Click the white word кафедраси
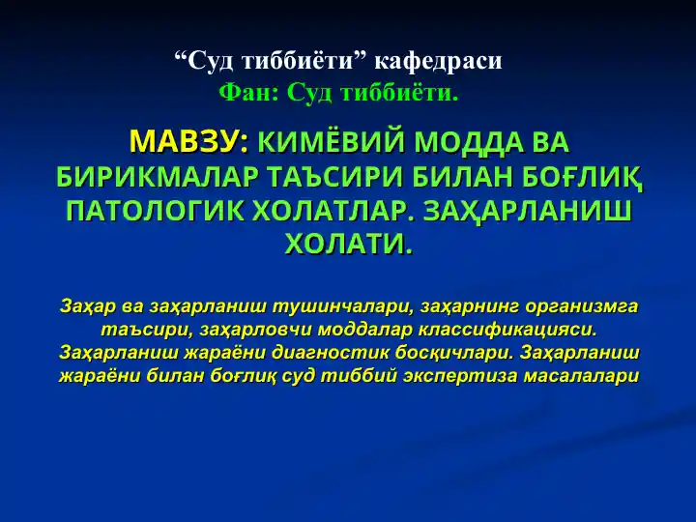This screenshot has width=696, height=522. tap(438, 61)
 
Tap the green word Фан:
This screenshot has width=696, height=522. tap(248, 93)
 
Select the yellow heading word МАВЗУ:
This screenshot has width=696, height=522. tap(189, 142)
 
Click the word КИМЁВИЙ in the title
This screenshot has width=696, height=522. tap(331, 142)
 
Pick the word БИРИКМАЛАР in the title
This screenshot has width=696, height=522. tap(158, 177)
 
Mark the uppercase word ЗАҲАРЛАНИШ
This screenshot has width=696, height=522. tap(528, 212)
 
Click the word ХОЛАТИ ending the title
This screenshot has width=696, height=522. tap(349, 245)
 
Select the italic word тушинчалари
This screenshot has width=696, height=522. tap(342, 306)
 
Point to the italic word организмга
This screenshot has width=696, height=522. tap(582, 306)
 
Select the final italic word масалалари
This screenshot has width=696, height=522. tap(582, 376)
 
